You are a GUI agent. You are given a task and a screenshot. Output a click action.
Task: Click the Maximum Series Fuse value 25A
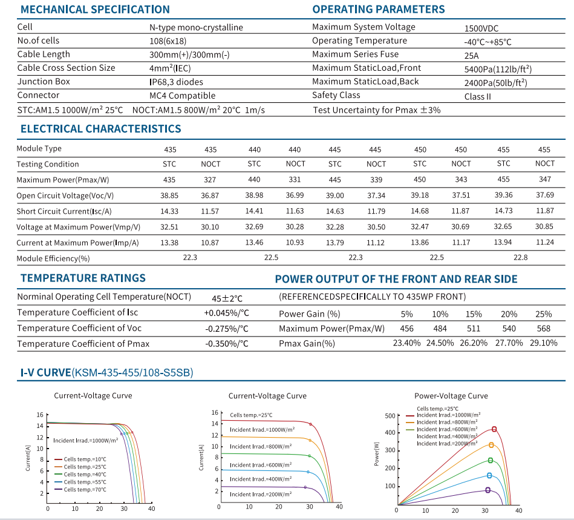coord(472,56)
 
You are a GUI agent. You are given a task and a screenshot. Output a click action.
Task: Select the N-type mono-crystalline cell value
coord(196,28)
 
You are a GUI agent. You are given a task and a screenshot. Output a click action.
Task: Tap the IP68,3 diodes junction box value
coord(176,82)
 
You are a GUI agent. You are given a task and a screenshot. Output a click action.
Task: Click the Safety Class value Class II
coord(478,97)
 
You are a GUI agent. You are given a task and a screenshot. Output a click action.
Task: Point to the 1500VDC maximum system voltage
coord(481,28)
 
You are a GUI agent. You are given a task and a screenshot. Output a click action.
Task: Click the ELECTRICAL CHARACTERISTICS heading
coord(100,128)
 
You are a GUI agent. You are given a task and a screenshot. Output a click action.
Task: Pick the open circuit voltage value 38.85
coord(169,196)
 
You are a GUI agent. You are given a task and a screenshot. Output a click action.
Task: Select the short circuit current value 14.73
coord(503,211)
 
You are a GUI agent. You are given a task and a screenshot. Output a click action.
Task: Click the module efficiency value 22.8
coord(521,257)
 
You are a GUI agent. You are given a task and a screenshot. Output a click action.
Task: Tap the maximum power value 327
coord(210,180)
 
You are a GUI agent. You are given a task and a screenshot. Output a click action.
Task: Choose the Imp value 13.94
coord(503,242)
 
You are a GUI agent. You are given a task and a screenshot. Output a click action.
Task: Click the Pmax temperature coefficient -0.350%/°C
coord(227,344)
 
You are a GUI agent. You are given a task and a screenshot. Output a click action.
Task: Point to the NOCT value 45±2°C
coord(227,298)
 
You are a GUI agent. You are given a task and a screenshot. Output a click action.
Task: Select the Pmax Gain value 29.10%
coord(544,343)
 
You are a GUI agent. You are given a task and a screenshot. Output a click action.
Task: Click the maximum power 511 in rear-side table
coord(474,329)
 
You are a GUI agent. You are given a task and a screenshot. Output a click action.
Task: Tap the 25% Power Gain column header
coord(544,314)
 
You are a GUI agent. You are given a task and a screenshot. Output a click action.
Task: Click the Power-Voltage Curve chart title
coord(451,396)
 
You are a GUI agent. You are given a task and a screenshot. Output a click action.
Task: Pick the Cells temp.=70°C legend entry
coord(80,490)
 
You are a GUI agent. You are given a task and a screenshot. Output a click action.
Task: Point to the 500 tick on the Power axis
coord(390,416)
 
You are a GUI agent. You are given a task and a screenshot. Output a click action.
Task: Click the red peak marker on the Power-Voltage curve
coord(494,429)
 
